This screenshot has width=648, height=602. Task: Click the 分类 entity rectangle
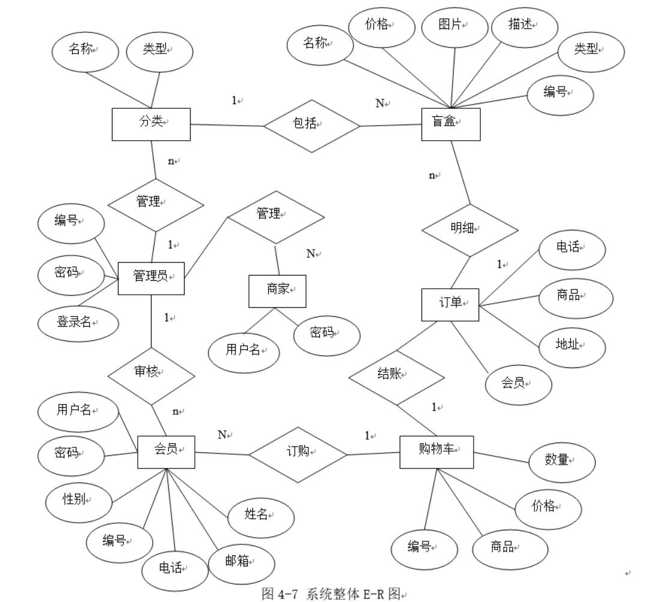tap(151, 124)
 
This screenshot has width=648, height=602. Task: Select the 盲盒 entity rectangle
tap(450, 124)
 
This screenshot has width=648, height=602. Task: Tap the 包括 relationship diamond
tap(311, 125)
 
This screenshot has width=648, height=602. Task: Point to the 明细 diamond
tap(469, 230)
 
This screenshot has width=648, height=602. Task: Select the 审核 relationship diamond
tap(151, 375)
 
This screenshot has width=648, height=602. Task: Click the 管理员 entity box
tap(151, 278)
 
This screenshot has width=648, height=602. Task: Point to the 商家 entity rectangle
tap(277, 291)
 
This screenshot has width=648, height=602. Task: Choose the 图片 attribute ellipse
tap(454, 27)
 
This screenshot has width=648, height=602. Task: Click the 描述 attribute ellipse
tap(524, 27)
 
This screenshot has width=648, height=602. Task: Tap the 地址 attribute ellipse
tap(570, 346)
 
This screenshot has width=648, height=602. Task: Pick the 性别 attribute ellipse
tap(79, 501)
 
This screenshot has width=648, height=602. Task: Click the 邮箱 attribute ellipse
tap(241, 564)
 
